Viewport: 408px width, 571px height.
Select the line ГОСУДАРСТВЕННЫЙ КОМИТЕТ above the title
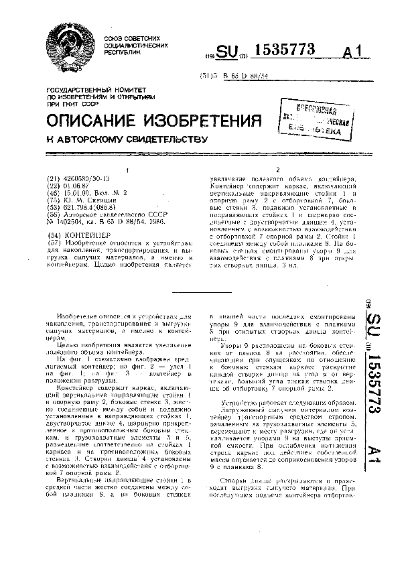[92, 89]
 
